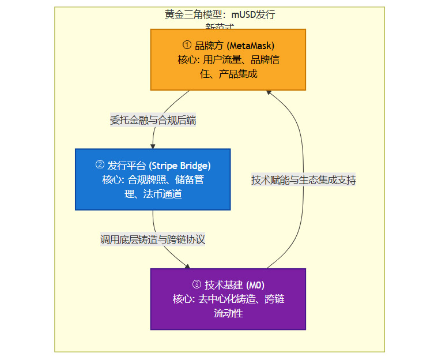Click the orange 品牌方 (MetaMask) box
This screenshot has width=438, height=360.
(x=228, y=59)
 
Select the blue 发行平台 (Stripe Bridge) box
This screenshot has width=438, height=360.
(x=153, y=179)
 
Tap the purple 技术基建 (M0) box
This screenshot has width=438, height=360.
(x=228, y=299)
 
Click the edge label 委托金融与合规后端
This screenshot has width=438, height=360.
(x=153, y=121)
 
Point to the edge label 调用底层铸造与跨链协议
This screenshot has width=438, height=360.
(x=153, y=239)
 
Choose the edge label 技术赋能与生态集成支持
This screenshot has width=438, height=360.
(x=304, y=180)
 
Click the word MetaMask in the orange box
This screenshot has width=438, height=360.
(x=252, y=46)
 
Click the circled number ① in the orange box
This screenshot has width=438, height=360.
(x=186, y=46)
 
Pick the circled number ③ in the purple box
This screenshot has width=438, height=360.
(x=197, y=285)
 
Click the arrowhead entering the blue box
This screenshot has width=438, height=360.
(x=153, y=145)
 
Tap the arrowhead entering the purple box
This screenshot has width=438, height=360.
(x=187, y=265)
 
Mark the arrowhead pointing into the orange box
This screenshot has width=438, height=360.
(x=269, y=93)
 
